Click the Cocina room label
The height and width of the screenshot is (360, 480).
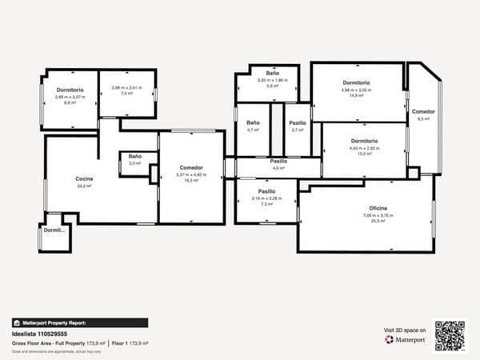[x=84, y=178]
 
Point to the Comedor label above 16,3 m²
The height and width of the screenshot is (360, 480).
[x=190, y=167]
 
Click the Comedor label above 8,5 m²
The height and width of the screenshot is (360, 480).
[x=423, y=111]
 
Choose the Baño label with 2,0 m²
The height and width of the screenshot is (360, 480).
[x=134, y=156]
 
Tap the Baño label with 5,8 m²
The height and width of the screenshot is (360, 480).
[x=266, y=74]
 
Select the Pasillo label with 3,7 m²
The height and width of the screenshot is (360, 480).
[x=298, y=122]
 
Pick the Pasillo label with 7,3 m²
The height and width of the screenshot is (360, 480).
[x=266, y=192]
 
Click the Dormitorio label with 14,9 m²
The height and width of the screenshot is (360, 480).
[x=356, y=83]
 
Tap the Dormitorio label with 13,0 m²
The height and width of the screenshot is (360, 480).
[x=363, y=141]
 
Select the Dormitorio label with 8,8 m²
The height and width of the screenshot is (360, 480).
[x=70, y=90]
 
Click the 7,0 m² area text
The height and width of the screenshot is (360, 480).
[x=126, y=93]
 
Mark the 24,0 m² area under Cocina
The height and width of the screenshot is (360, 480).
[x=83, y=186]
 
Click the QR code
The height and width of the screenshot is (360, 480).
[x=450, y=336]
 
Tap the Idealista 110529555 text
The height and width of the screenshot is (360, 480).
[x=39, y=334]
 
